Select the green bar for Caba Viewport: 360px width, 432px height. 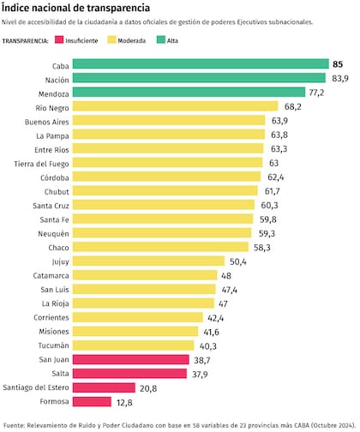[x=201, y=64]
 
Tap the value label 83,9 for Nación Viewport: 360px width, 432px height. [x=339, y=78]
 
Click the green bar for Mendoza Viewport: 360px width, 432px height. [x=189, y=93]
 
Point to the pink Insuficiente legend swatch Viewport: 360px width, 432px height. [x=59, y=40]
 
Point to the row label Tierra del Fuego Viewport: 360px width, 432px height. [x=39, y=163]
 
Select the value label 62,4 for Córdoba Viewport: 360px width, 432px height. [x=273, y=177]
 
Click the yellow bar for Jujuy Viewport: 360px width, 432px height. [x=149, y=261]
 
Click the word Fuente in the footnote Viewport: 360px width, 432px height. [x=15, y=424]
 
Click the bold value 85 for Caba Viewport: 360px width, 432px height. [x=338, y=64]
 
